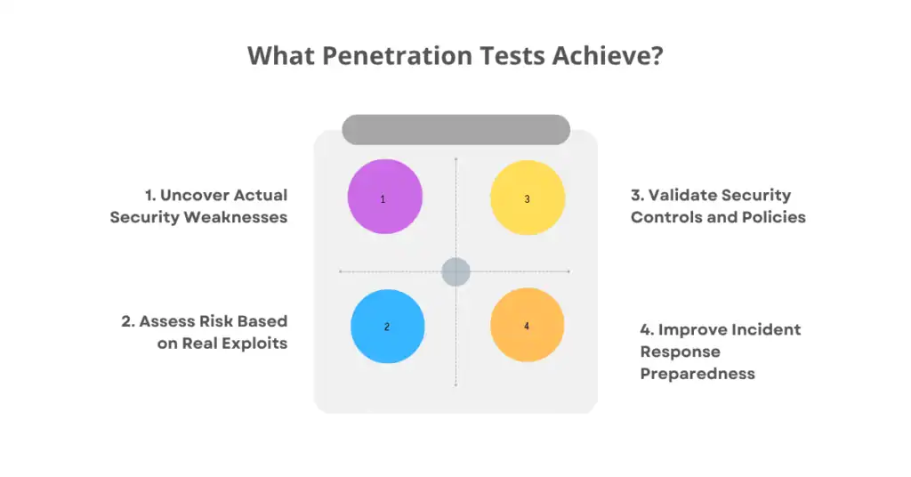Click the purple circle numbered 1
384,197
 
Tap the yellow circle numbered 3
528,197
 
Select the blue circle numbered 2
387,327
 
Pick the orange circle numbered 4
527,326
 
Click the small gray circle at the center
455,271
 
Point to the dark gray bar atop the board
455,129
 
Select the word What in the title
279,55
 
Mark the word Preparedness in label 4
697,374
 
